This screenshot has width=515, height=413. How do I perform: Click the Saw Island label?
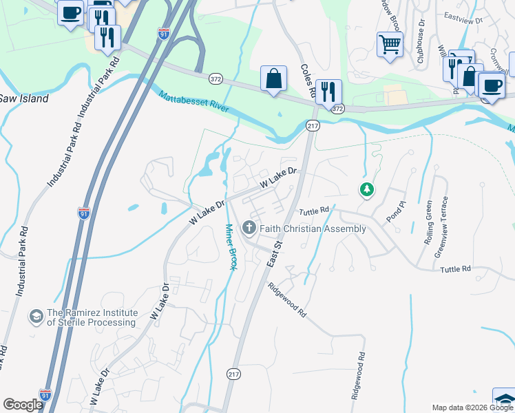(x=24, y=98)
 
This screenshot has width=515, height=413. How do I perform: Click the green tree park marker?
(x=367, y=189)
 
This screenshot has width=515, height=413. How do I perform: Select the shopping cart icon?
(x=390, y=45)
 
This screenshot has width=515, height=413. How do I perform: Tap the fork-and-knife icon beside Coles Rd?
(x=328, y=91)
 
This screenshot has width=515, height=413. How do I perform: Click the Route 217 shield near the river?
(x=313, y=125)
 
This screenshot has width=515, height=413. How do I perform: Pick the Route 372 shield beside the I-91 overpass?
(x=216, y=79)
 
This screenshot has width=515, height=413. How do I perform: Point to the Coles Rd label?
(x=308, y=80)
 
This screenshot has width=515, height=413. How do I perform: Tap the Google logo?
(x=23, y=405)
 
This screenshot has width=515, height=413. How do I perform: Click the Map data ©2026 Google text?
(x=472, y=407)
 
